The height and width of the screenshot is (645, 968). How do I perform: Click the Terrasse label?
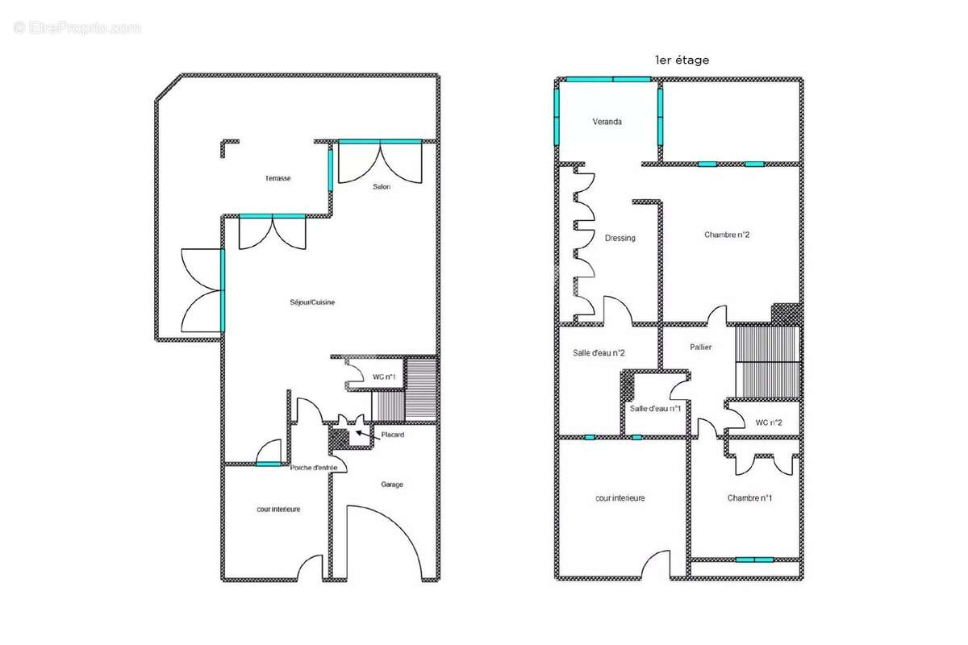click(x=277, y=178)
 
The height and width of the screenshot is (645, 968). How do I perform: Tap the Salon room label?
click(x=382, y=186)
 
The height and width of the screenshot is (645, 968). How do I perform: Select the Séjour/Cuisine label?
click(x=312, y=302)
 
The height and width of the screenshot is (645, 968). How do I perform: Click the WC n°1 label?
click(x=384, y=377)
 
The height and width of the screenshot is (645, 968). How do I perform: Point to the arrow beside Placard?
click(x=368, y=435)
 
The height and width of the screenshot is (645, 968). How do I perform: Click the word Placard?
click(x=392, y=435)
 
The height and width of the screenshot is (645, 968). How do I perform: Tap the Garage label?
click(x=392, y=485)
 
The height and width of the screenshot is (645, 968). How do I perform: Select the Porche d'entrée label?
click(x=313, y=468)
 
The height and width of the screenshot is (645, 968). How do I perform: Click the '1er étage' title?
click(x=682, y=60)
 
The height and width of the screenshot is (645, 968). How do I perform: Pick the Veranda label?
click(x=607, y=122)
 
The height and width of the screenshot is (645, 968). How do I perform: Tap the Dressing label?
click(x=620, y=238)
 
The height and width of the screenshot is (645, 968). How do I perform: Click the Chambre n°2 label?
click(x=727, y=235)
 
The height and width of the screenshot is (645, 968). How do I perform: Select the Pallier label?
click(x=700, y=347)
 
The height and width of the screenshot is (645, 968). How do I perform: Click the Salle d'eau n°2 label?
click(x=599, y=353)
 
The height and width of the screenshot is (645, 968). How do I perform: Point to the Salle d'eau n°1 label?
click(x=655, y=409)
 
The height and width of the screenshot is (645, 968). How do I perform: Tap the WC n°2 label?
click(x=768, y=422)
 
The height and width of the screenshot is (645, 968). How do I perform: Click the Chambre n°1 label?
click(x=749, y=498)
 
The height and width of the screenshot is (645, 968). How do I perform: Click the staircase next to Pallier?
click(x=767, y=362)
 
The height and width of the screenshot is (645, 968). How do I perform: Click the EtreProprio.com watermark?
click(x=77, y=28)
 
